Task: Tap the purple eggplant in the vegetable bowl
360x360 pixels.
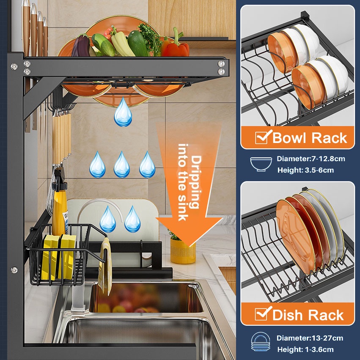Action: pos(81,47)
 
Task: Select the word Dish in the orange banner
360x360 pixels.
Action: pos(290,315)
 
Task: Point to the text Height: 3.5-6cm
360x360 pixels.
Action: pos(305,170)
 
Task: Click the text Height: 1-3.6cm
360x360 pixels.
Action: pos(305,349)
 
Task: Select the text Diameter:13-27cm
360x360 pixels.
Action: pos(310,338)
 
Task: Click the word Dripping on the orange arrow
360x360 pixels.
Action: pos(196,182)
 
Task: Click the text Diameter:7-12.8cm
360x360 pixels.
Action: pos(311,159)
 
